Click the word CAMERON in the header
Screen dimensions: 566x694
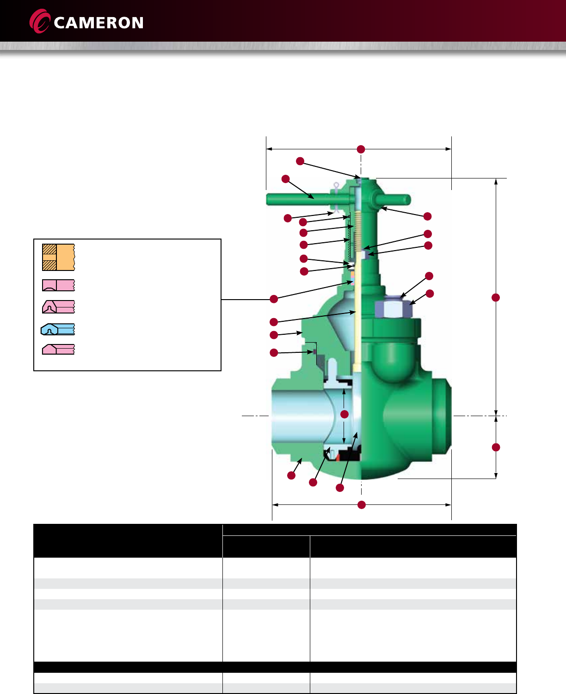[98, 23]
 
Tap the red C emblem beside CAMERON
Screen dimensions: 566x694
[39, 21]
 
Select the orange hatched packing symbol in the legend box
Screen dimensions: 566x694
[59, 258]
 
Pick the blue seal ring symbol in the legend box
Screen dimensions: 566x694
[58, 329]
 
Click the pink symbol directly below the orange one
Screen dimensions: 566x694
[59, 285]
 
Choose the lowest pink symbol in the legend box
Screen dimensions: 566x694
[59, 349]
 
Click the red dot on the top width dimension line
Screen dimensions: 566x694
[361, 149]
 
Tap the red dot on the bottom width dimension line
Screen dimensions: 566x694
[362, 505]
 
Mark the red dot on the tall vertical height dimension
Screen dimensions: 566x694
[496, 297]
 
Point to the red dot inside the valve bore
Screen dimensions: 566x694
[345, 414]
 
